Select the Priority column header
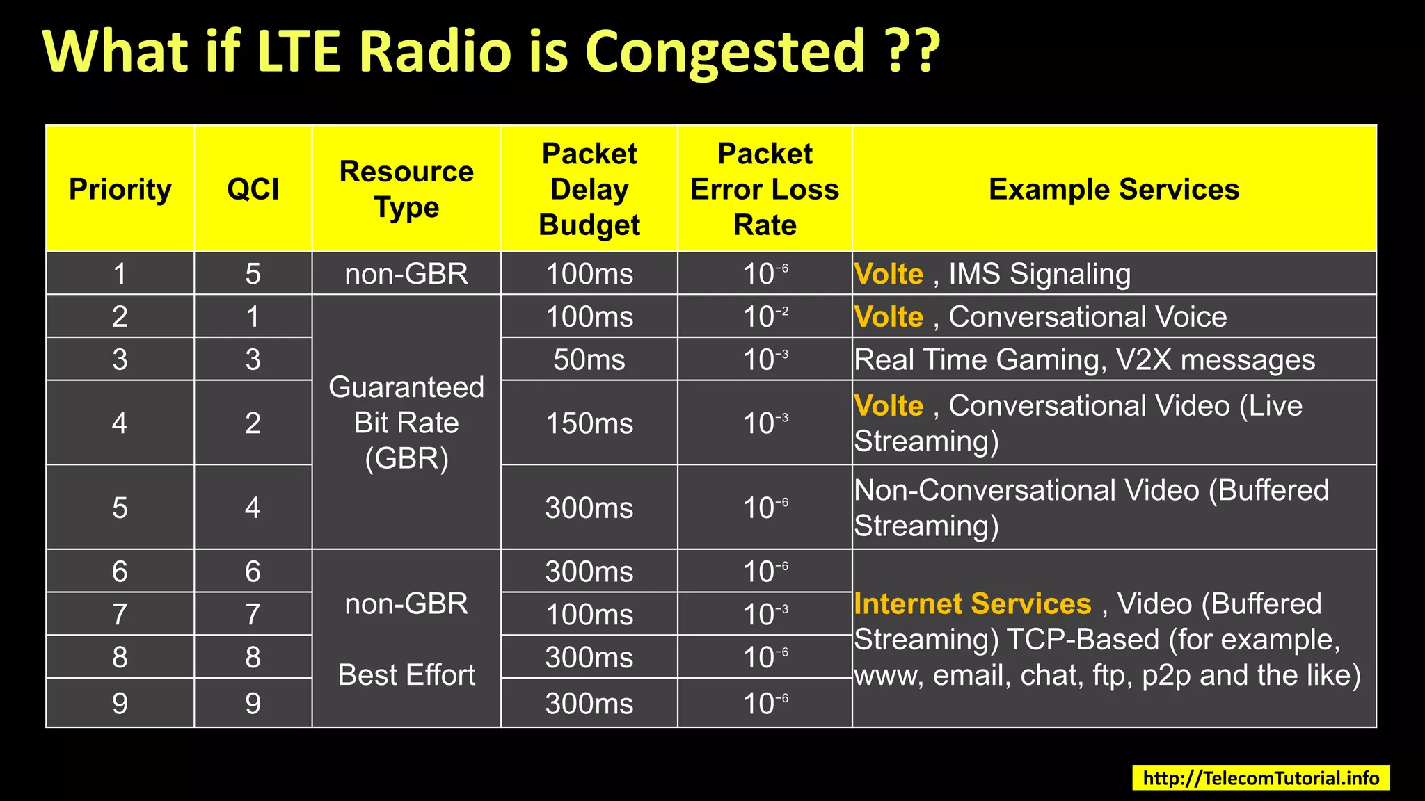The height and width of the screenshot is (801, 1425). (120, 189)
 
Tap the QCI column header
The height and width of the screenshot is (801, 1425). (253, 189)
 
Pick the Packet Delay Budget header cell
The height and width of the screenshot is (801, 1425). (589, 189)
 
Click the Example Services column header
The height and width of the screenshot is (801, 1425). (1114, 189)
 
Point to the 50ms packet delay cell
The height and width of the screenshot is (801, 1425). (589, 359)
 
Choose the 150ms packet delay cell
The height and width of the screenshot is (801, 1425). (589, 423)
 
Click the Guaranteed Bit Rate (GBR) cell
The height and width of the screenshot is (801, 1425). (406, 422)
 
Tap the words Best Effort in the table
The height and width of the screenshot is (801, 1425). (406, 675)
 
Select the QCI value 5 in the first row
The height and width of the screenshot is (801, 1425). (253, 273)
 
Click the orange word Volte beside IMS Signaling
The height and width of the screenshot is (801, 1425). (889, 274)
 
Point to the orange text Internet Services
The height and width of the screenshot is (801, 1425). (973, 604)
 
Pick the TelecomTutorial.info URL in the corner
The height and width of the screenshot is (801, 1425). (1261, 778)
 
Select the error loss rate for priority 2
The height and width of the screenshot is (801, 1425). (765, 316)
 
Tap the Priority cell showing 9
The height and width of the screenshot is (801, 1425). (120, 703)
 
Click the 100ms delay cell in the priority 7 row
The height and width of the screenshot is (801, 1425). (589, 614)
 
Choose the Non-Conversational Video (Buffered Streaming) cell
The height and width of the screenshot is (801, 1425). (1114, 508)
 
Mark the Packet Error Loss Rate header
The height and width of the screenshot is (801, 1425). (765, 189)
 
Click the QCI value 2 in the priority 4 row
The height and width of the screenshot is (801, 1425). (253, 423)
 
